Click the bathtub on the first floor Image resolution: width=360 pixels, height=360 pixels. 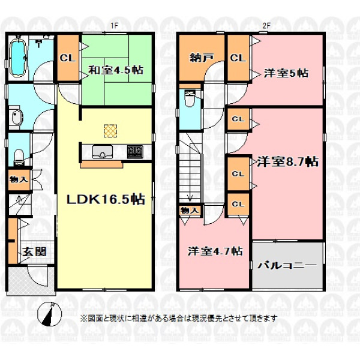[18, 58]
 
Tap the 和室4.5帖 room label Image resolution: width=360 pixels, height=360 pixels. [116, 70]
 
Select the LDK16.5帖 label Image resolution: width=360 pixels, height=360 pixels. [106, 199]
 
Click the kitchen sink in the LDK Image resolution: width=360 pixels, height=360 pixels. [102, 152]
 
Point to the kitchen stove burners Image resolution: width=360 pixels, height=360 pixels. [135, 152]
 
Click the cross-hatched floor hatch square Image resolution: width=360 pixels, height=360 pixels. [110, 131]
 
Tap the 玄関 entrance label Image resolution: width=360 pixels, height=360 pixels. [34, 252]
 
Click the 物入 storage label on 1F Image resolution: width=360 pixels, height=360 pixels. [19, 179]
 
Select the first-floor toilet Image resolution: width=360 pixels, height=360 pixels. [19, 157]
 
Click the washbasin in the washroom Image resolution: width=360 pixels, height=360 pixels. [17, 118]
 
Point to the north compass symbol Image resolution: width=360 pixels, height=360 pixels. [50, 314]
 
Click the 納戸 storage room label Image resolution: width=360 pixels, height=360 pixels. [202, 58]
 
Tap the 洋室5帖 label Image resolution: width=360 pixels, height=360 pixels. [286, 73]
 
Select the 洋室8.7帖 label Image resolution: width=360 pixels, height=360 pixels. [287, 161]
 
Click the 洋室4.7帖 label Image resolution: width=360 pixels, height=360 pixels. [215, 251]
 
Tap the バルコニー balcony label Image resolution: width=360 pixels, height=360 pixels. [287, 265]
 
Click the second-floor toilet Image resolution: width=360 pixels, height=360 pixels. [190, 99]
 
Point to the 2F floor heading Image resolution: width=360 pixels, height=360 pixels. [266, 26]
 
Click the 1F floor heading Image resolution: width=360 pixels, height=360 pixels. [114, 26]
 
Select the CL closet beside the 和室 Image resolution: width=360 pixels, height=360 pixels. [68, 58]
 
